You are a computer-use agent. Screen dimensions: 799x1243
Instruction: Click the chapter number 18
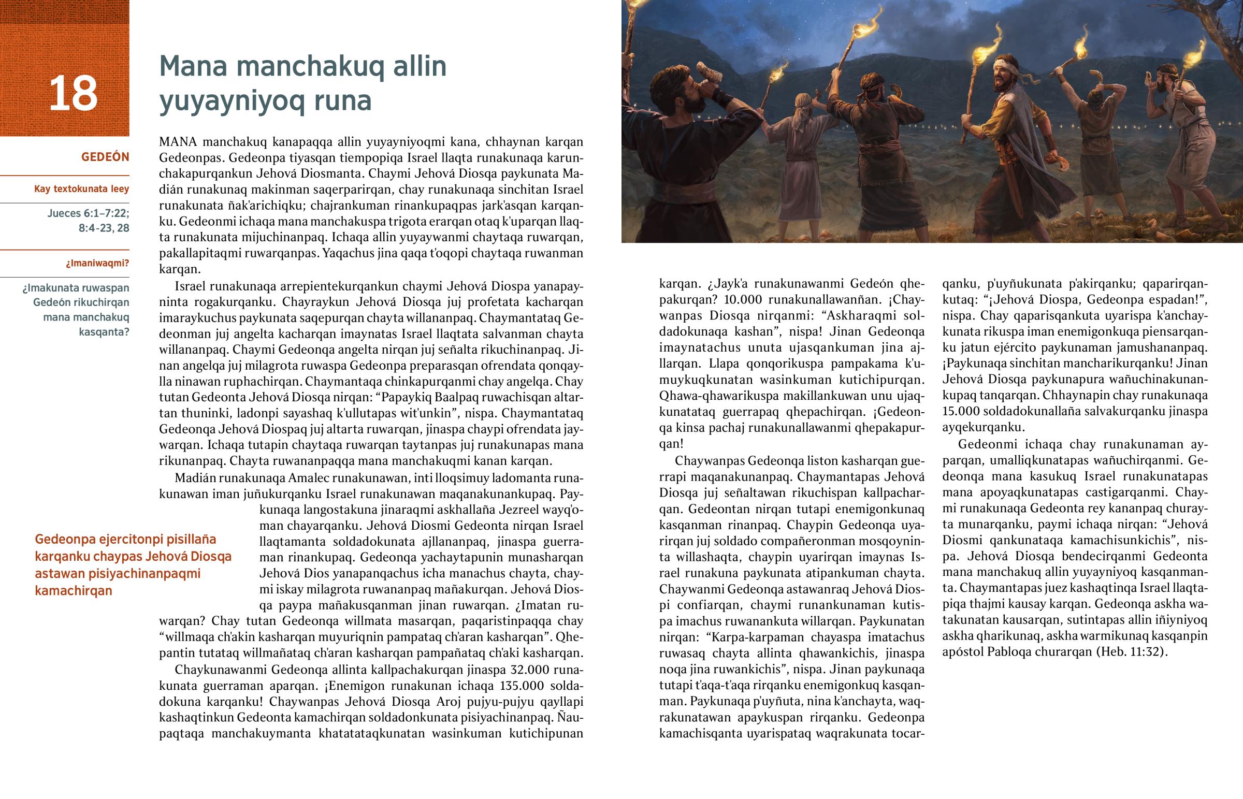[x=73, y=94]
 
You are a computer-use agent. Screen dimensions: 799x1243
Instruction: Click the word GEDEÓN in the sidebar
[x=105, y=157]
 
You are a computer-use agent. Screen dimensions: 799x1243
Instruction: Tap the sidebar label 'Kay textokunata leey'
[x=81, y=189]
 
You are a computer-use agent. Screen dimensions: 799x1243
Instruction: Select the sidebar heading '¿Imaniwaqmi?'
[x=97, y=263]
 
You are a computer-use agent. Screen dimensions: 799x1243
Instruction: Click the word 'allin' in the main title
[x=419, y=66]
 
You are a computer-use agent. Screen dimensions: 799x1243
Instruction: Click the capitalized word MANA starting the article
[x=178, y=142]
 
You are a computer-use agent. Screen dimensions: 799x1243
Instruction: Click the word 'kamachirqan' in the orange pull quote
[x=74, y=591]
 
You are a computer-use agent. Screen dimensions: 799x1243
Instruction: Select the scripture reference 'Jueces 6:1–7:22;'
[x=88, y=213]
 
